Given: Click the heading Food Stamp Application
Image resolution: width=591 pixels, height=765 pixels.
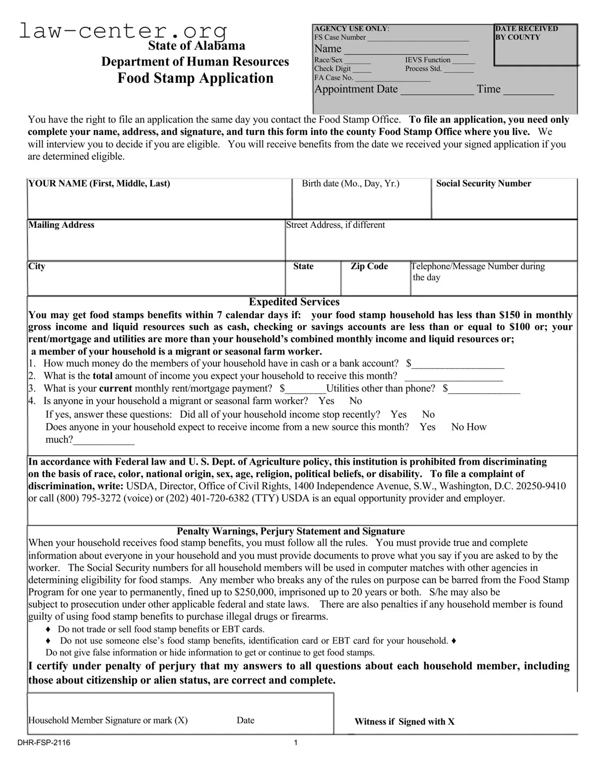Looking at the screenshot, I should [x=195, y=78].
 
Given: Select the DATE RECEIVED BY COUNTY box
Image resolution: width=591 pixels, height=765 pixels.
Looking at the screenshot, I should [x=535, y=45].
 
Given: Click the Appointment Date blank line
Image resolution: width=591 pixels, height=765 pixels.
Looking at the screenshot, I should [x=437, y=90].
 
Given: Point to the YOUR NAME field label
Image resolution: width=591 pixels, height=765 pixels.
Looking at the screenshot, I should [x=99, y=184].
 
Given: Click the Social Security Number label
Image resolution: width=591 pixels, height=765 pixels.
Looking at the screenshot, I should [x=483, y=184].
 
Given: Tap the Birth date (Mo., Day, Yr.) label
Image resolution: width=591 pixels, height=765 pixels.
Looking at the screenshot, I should [x=350, y=184].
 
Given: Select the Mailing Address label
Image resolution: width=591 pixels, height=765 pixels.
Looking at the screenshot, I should [x=61, y=225].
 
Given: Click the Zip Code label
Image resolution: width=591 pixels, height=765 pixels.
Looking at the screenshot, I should [x=369, y=267].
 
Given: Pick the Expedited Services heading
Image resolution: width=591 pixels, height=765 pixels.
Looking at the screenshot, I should [x=294, y=302].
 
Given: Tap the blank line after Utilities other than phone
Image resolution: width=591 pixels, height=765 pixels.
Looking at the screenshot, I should [x=484, y=389].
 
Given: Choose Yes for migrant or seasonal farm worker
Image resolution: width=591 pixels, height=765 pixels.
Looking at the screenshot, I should [x=326, y=401].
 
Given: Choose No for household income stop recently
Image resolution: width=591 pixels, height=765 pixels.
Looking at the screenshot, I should [x=428, y=415].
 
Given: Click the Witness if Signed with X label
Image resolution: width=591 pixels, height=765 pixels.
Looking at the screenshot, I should [x=404, y=722].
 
